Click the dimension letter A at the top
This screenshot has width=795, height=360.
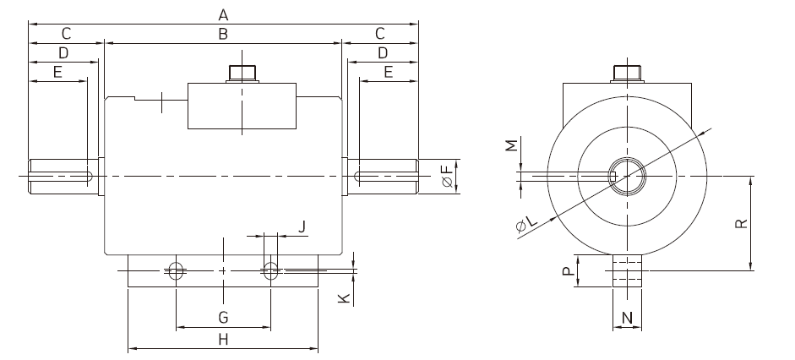click(223, 15)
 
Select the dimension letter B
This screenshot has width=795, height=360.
click(223, 34)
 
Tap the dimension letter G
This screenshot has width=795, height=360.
click(223, 318)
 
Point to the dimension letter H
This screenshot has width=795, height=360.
click(223, 339)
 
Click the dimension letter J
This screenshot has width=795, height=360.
click(302, 226)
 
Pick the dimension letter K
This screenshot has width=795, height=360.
click(344, 297)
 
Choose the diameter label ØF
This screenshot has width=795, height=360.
click(447, 176)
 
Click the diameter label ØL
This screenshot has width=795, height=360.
click(526, 224)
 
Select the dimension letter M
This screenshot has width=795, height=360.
click(513, 145)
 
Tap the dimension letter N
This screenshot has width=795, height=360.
click(627, 318)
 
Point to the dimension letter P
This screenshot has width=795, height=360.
click(569, 270)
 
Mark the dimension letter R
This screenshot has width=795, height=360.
click(741, 224)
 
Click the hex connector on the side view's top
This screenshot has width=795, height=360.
click(242, 73)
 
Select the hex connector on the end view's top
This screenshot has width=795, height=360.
click(627, 74)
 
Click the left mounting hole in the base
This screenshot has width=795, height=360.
click(176, 270)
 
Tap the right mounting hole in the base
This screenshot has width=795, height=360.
click(270, 270)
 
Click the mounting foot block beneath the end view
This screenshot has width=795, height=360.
click(627, 270)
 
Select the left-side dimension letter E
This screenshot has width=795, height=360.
click(57, 72)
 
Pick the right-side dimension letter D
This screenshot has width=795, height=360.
click(383, 52)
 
